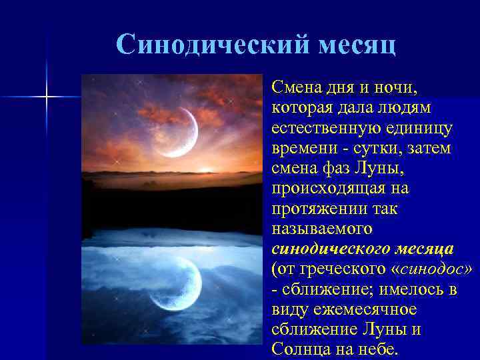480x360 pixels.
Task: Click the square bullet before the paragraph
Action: coord(265,87)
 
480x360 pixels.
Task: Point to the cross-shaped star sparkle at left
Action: coord(47,97)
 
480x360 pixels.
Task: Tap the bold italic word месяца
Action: coord(422,249)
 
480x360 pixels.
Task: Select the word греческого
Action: coord(335,269)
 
